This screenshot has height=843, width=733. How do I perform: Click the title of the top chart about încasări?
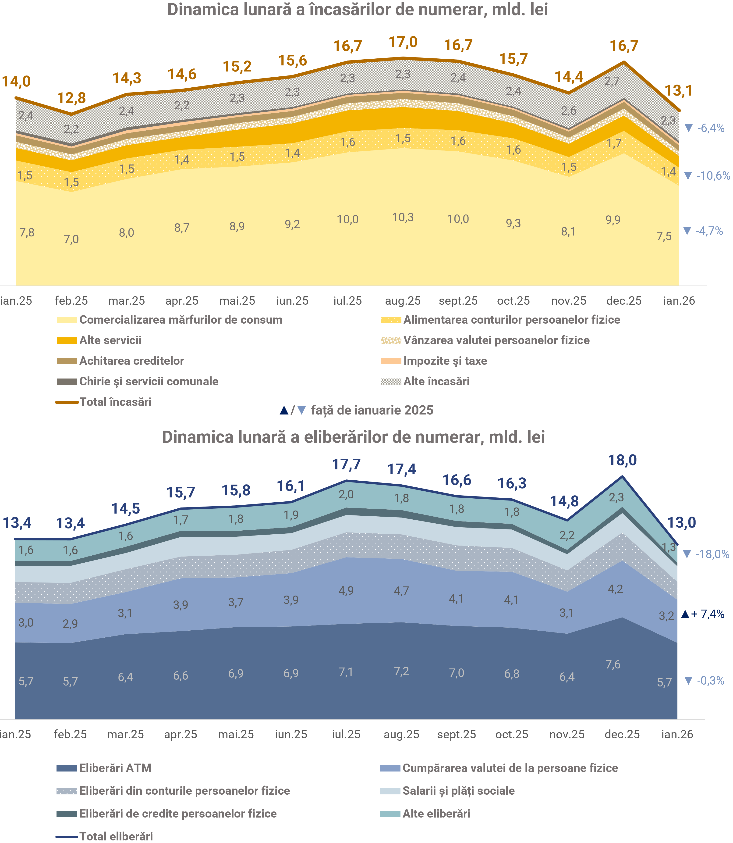tap(358, 10)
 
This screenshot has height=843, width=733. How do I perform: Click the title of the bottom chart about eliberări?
tap(353, 437)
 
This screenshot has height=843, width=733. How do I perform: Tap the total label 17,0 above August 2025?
tap(403, 42)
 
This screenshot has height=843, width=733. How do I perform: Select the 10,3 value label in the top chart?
tap(403, 217)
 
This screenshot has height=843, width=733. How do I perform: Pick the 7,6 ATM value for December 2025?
tap(613, 664)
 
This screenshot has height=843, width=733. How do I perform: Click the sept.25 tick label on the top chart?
tap(458, 301)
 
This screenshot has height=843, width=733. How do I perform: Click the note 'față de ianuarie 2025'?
tap(372, 410)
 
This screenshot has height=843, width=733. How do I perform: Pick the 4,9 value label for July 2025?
tap(346, 590)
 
